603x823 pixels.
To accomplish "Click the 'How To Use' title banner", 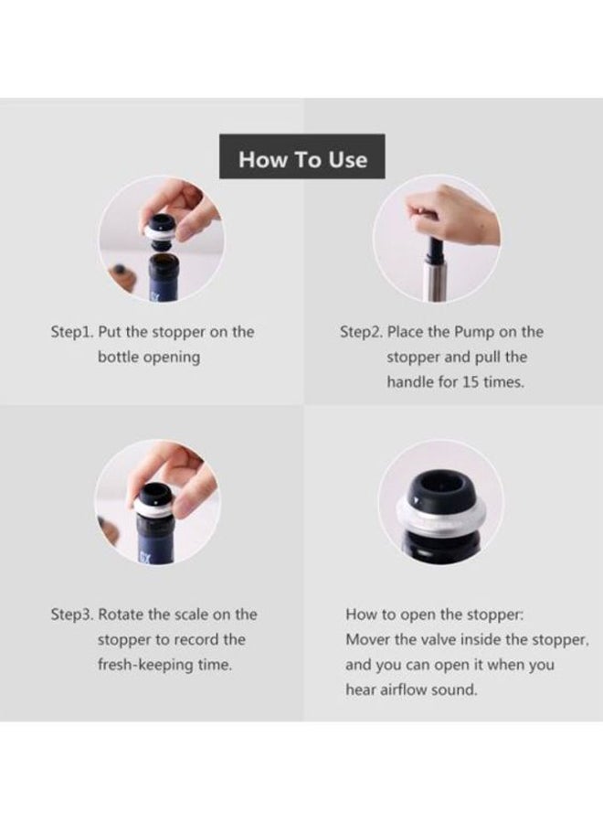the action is tap(302, 156).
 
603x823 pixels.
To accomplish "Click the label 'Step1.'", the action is tap(72, 332).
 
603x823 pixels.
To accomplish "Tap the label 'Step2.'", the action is tap(361, 332).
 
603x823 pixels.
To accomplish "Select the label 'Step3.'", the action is tap(72, 615).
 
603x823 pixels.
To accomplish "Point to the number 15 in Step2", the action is tap(471, 382).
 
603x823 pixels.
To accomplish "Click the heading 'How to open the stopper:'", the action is tap(434, 615).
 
